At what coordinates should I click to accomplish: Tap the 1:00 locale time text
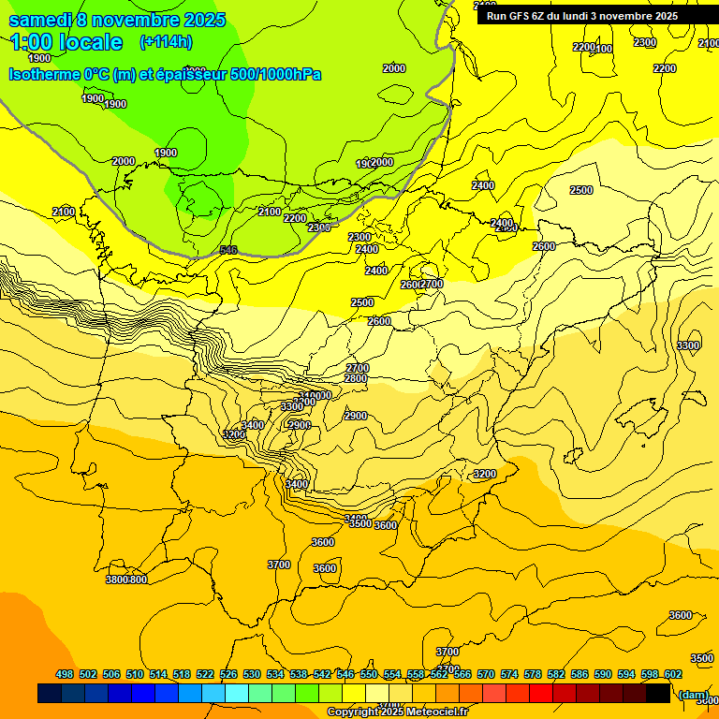pos(66,42)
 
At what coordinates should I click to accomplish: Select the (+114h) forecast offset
pos(165,42)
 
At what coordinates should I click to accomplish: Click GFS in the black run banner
pos(517,16)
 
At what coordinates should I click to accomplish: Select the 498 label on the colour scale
pos(65,674)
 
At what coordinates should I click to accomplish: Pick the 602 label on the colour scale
pos(673,674)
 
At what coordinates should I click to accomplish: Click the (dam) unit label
pos(693,695)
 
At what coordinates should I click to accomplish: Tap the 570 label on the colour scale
pos(486,674)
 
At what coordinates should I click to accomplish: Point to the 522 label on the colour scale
pos(205,674)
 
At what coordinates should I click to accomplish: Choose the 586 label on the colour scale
pos(580,674)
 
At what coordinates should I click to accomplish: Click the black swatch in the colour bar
pos(658,694)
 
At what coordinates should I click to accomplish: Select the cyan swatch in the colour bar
pos(237,694)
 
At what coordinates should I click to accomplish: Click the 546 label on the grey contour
pos(228,250)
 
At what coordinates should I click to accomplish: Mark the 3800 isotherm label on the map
pos(116,580)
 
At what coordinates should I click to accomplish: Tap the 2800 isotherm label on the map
pos(356,378)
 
